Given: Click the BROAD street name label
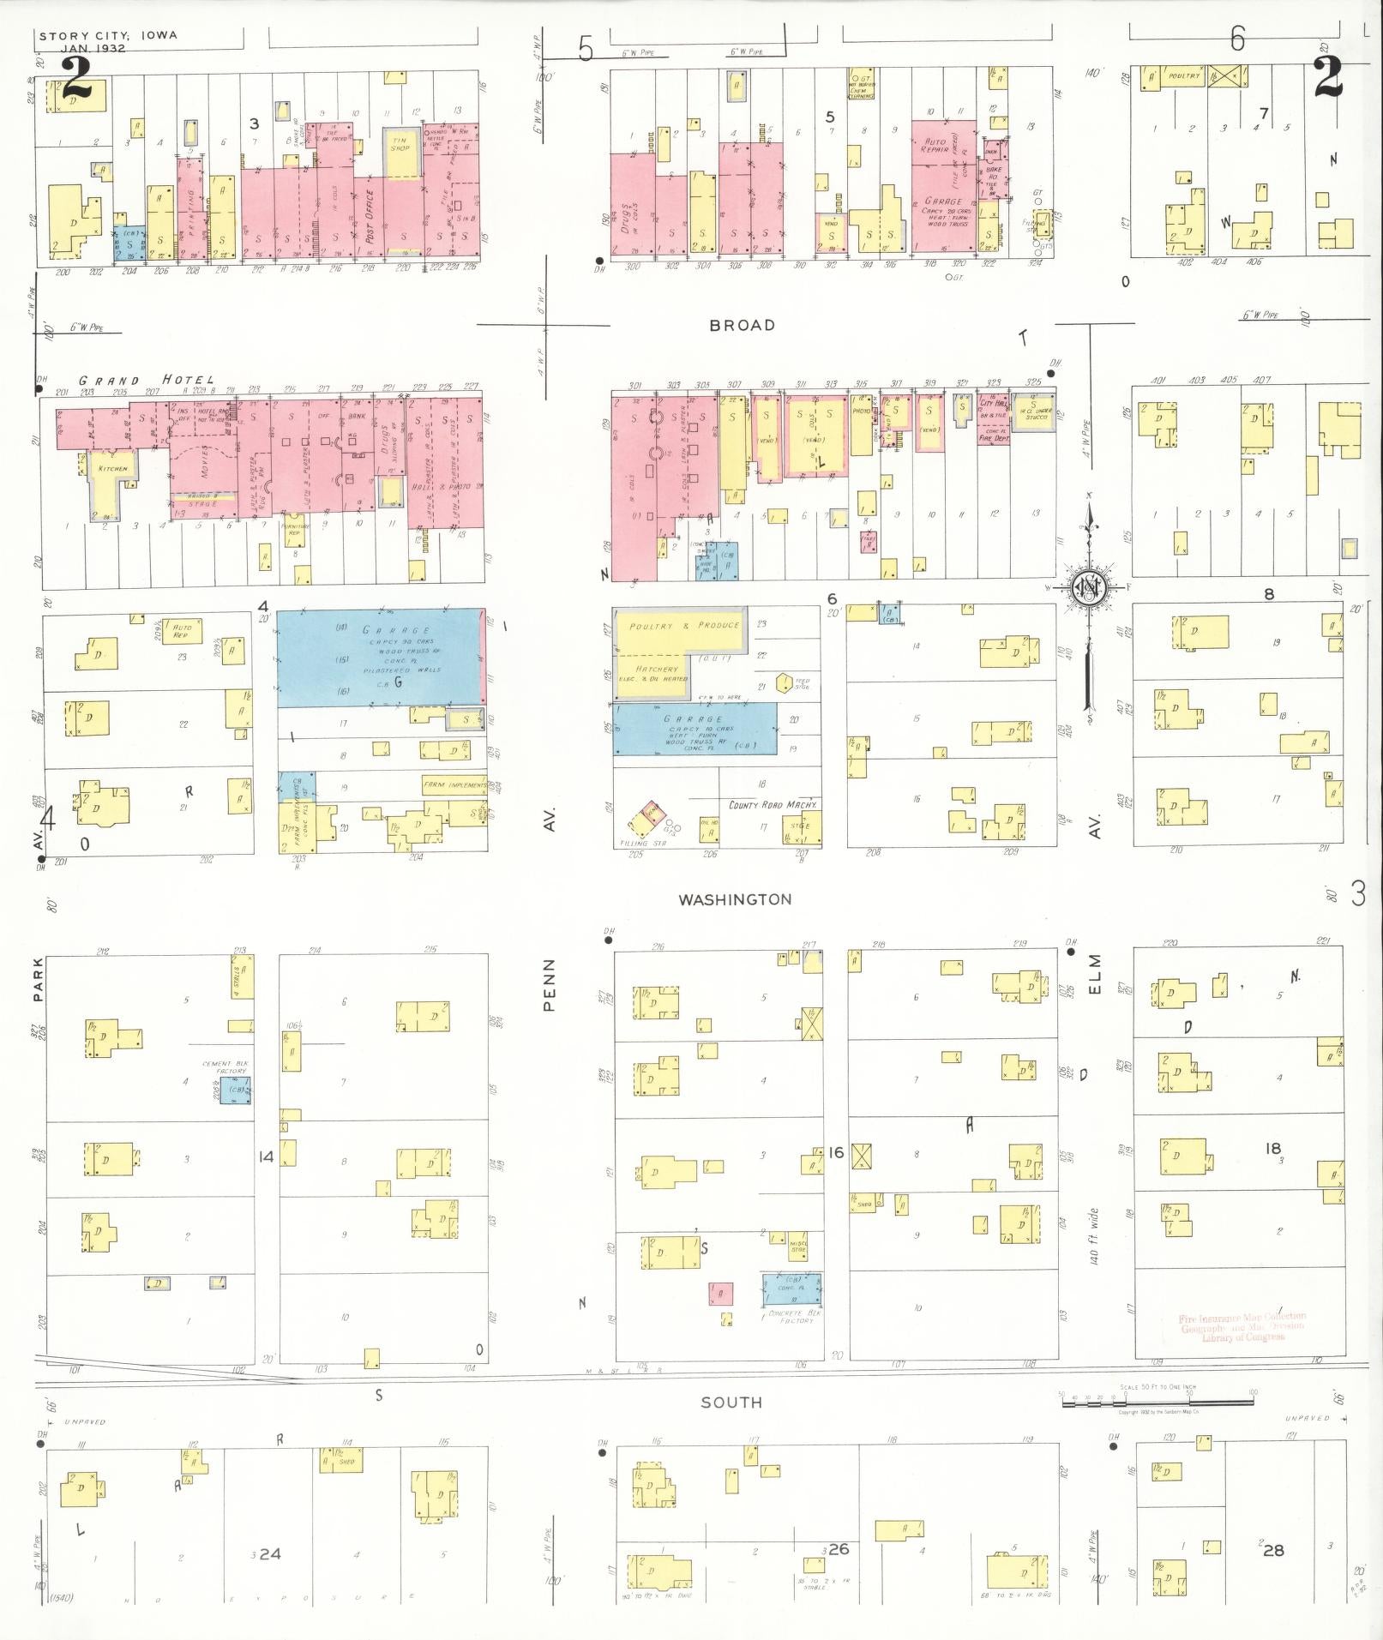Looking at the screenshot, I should (742, 325).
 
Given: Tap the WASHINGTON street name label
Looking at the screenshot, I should (735, 899).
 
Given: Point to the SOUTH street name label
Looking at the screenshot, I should (731, 1403).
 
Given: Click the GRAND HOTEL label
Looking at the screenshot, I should (147, 380).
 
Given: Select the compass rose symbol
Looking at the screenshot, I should (1089, 587).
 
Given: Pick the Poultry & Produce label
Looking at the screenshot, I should (684, 625).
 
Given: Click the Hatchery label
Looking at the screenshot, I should (657, 669).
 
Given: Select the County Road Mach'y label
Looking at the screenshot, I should (772, 805).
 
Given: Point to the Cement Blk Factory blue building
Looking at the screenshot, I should (235, 1090).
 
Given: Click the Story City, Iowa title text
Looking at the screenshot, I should (108, 36).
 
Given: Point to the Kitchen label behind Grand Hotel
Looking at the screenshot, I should (112, 468).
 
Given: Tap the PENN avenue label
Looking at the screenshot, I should (550, 984).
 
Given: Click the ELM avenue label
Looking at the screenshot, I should (1094, 974).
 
